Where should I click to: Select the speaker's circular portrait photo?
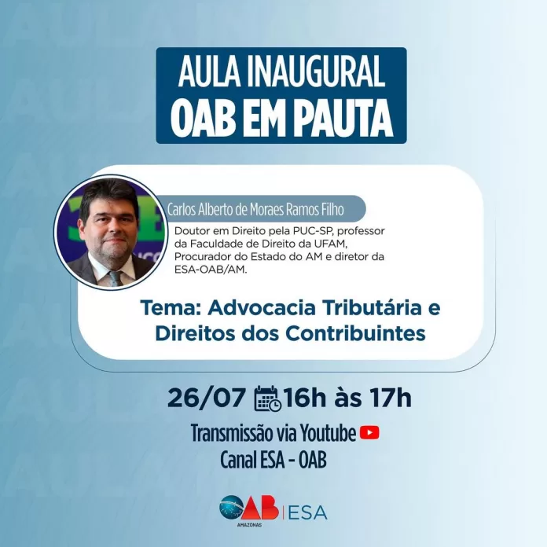tap(110, 232)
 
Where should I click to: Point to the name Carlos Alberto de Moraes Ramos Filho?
tap(255, 210)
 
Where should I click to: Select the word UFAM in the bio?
tap(329, 244)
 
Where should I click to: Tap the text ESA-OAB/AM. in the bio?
tap(211, 270)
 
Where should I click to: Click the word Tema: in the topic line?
tap(170, 308)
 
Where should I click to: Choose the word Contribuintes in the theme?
tap(355, 333)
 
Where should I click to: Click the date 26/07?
tap(206, 398)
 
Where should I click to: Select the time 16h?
tap(304, 398)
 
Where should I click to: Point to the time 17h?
tap(391, 398)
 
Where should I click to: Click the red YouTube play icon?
tap(369, 433)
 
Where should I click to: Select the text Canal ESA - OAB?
tap(273, 461)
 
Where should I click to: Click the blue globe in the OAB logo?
tap(231, 507)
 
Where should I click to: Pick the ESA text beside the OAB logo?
tap(308, 512)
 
